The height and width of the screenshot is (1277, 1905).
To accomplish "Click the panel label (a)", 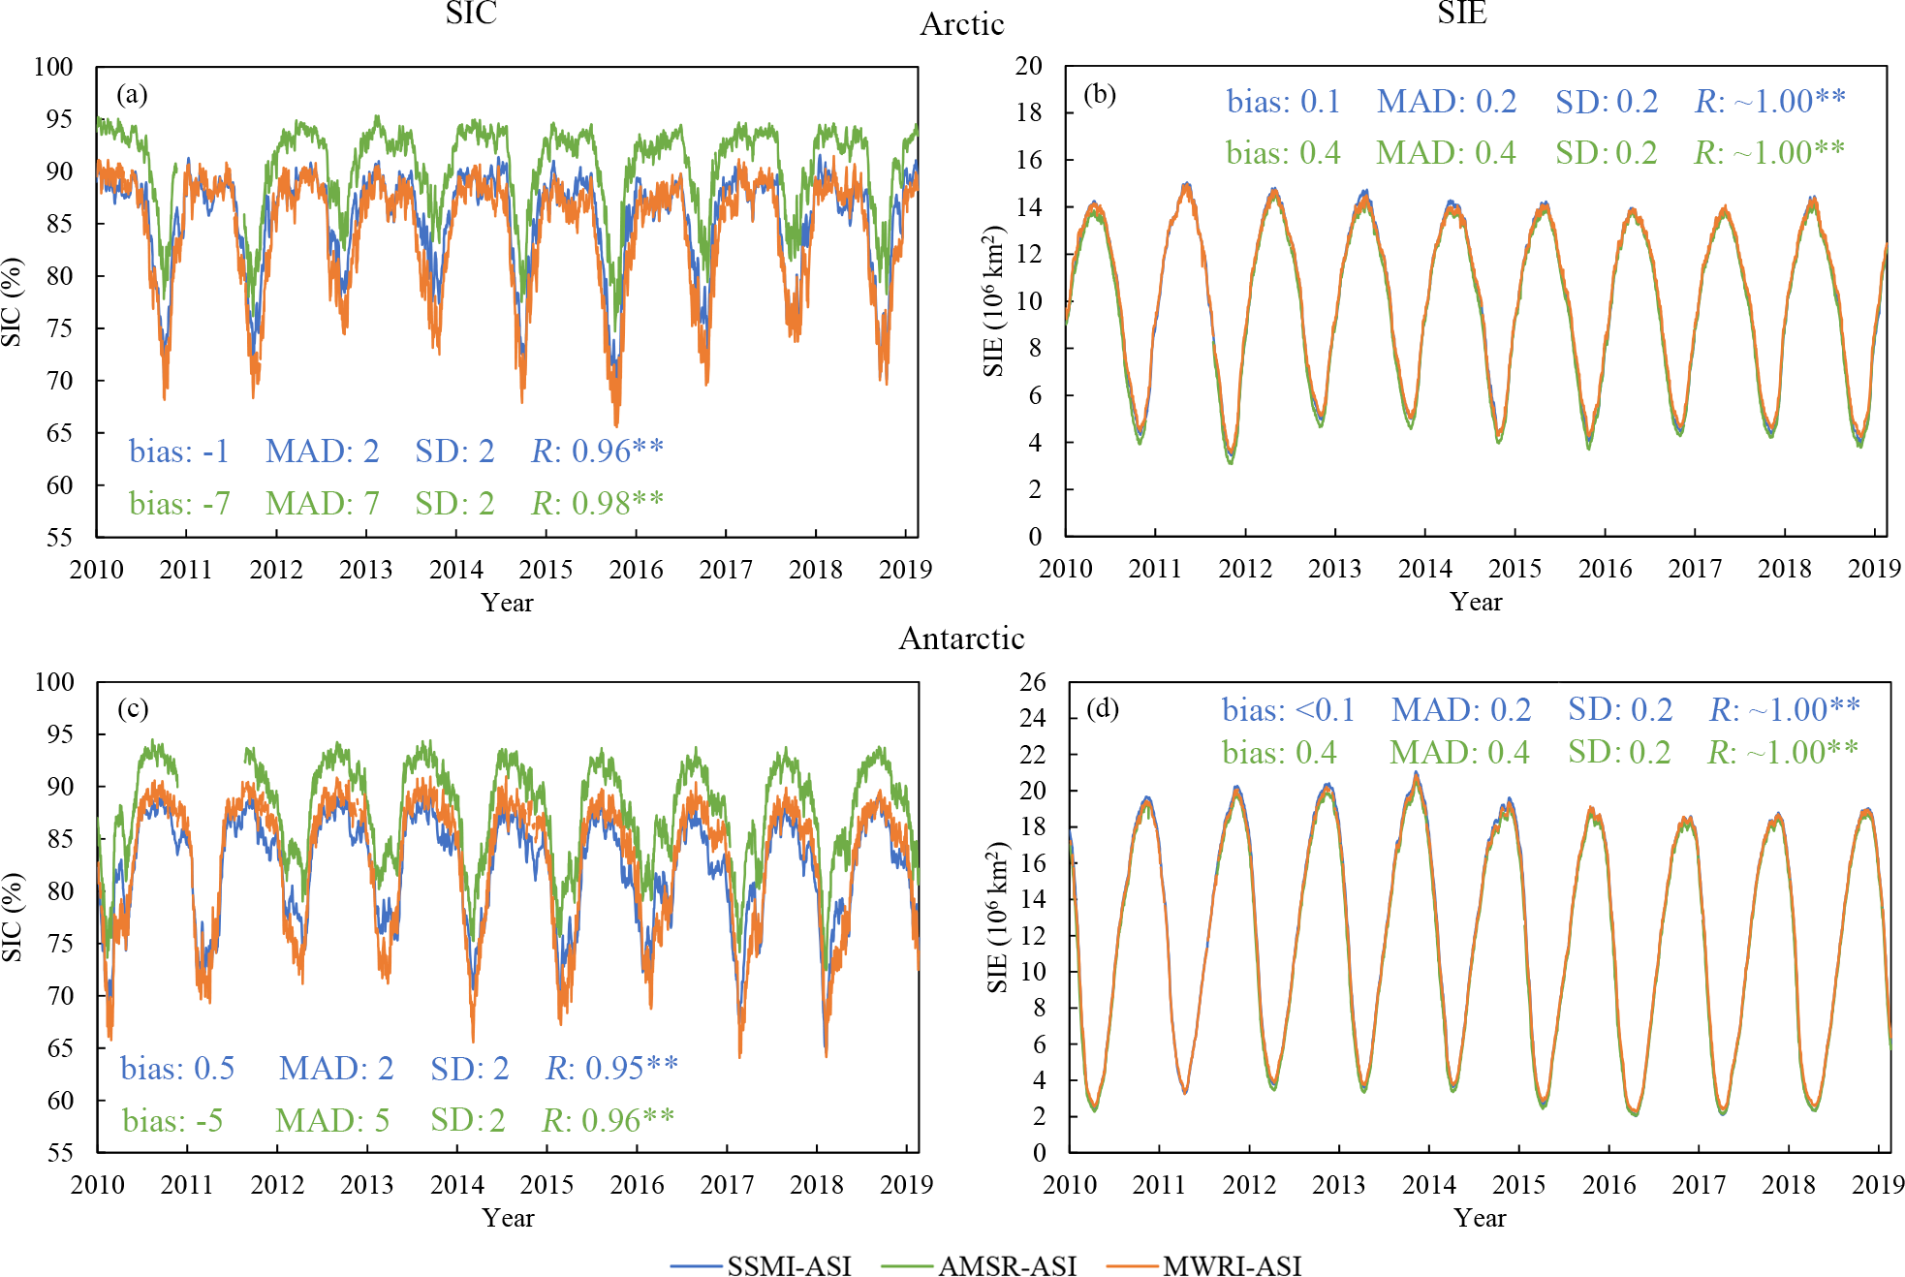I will coord(132,94).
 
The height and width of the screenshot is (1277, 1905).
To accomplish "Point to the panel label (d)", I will coord(1103,708).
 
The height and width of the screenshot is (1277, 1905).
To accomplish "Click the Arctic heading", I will coord(961,24).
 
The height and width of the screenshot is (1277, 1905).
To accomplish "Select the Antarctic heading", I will coord(961,638).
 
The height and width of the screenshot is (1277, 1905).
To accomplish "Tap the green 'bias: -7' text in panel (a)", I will coord(179,503).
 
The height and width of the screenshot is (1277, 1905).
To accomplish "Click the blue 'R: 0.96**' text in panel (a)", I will coord(597,451).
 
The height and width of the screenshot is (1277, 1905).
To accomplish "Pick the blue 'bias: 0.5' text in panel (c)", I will coord(177,1068).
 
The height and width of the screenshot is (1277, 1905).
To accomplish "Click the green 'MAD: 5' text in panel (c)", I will coord(332,1120).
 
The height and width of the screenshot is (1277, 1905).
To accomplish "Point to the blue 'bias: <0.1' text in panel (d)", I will coord(1288,709).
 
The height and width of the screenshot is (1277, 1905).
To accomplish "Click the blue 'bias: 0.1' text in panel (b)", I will coord(1283,101).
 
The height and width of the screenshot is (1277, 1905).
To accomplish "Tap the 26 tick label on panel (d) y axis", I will coord(1033,682).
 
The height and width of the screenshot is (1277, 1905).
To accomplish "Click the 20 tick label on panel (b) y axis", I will coord(1029,66).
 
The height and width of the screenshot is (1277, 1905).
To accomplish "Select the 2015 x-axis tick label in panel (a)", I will coord(547,569).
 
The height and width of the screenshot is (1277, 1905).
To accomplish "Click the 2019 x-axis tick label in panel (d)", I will coord(1878,1184).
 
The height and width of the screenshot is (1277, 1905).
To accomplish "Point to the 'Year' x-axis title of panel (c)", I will coord(508,1218).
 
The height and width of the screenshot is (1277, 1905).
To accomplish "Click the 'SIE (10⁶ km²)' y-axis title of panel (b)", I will coord(994,301).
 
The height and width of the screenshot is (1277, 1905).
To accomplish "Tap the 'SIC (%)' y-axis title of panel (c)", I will coord(12,917).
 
